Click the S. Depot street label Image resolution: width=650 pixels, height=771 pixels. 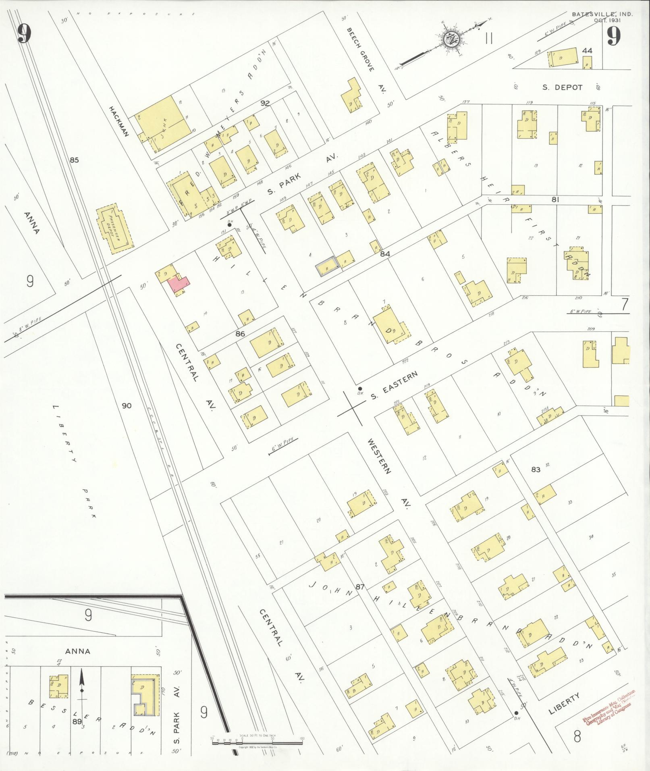click(562, 87)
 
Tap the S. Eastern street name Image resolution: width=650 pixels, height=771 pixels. click(394, 386)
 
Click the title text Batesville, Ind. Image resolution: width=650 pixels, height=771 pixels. click(602, 14)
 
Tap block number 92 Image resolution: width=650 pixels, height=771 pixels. click(265, 103)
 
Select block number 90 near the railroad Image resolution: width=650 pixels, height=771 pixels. click(127, 405)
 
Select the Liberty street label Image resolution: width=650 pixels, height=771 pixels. click(564, 703)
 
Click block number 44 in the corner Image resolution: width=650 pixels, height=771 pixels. click(587, 50)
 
